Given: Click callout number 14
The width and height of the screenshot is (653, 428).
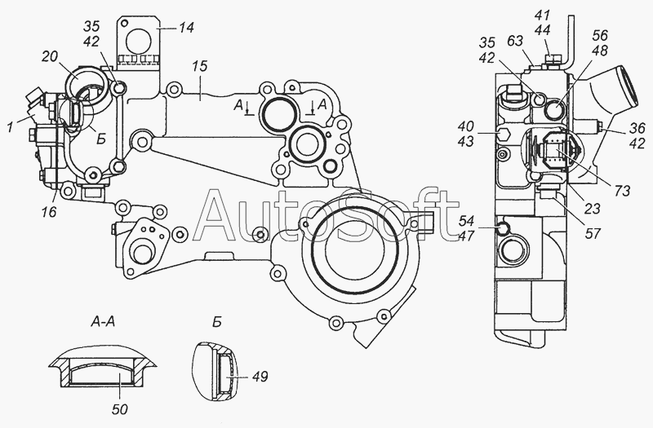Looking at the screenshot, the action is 187,28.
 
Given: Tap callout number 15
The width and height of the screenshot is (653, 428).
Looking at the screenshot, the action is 200,67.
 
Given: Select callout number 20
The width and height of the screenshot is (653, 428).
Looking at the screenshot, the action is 50,57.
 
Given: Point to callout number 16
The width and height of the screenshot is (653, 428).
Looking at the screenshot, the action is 48,212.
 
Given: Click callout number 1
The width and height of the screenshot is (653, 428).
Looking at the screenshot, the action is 10,127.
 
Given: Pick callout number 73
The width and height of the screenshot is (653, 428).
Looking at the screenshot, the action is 621,191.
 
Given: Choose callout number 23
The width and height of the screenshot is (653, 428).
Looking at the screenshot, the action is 592,209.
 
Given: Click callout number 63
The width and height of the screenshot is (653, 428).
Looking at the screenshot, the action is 515,42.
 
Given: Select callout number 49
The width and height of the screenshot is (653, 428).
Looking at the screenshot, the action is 260,377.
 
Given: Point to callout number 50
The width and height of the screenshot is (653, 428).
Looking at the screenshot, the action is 119,409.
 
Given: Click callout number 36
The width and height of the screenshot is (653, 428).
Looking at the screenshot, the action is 637,128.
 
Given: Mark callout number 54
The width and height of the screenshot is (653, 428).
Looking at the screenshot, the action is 466,220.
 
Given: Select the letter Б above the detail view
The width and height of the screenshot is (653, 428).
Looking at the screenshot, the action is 216,322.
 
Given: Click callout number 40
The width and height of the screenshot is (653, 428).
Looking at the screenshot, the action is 465,126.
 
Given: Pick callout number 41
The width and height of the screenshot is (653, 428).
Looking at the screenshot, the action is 542,15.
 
